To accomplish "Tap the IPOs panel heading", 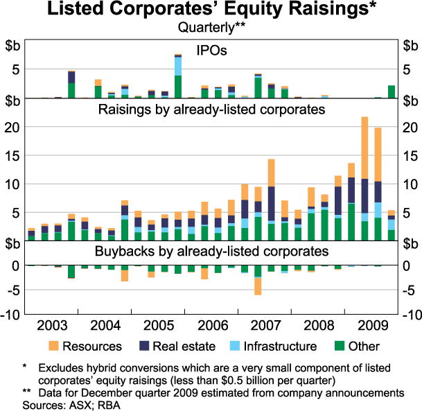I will click(x=211, y=51).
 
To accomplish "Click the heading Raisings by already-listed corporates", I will click(x=211, y=110).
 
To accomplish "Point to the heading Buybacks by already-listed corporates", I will click(x=211, y=250).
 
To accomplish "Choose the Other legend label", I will click(x=365, y=346).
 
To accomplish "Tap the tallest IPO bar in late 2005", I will click(x=178, y=76).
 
